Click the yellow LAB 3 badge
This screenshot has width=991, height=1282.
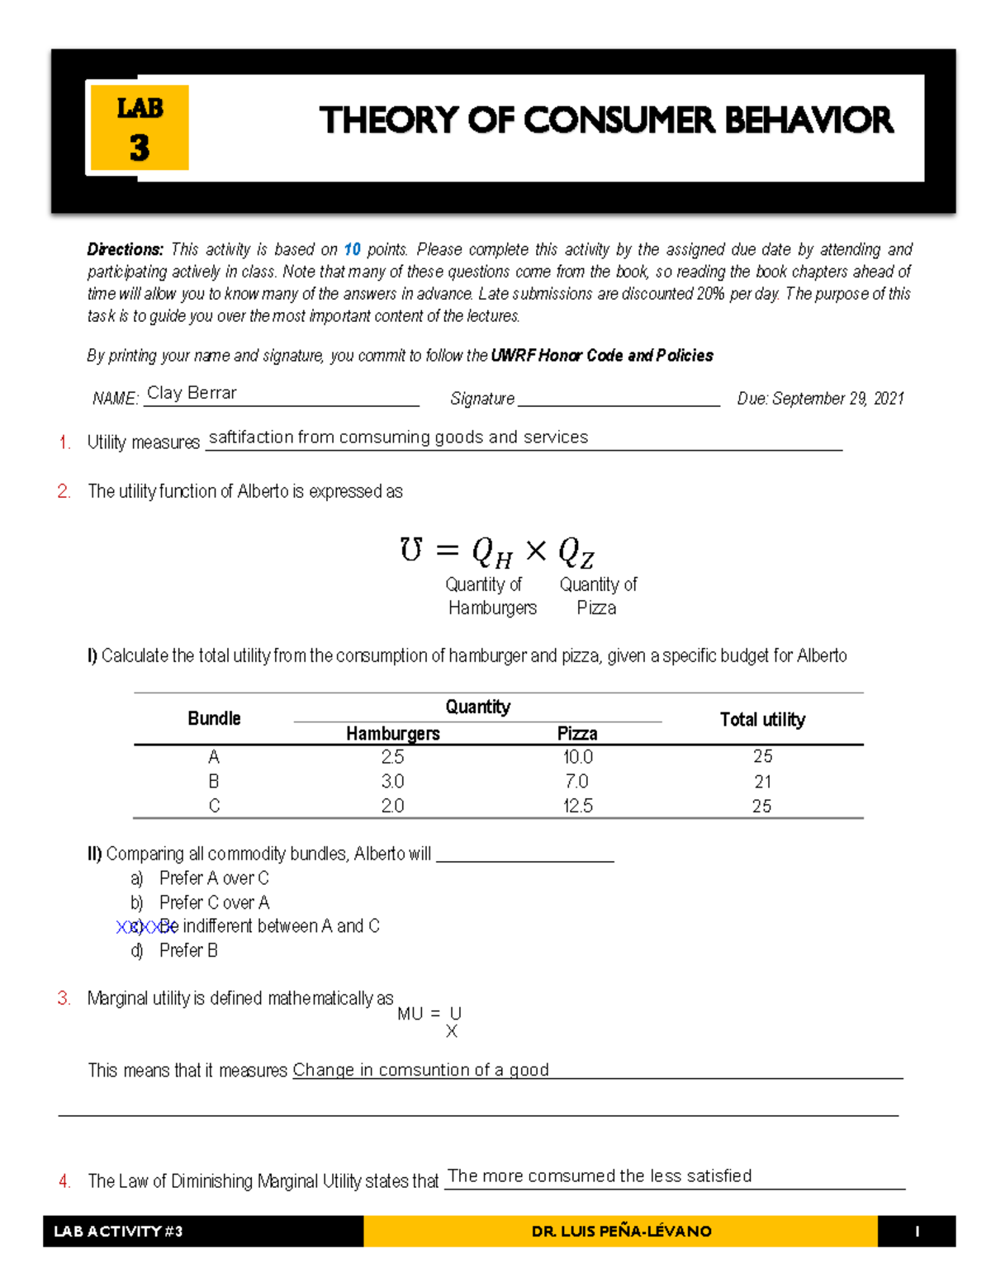coord(140,128)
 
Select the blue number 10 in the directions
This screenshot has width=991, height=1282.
coord(353,249)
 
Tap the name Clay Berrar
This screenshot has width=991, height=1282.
coord(192,393)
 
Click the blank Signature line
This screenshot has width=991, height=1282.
coord(619,399)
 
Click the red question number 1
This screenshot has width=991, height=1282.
coord(64,442)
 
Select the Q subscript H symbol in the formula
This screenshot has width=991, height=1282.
coord(492,552)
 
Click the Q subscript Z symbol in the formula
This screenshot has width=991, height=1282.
coord(576,552)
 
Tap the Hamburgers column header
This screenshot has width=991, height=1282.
coord(393,733)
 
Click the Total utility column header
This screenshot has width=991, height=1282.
coord(762,720)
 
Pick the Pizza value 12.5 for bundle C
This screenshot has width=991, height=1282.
coord(577,806)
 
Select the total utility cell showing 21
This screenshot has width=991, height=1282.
coord(762,782)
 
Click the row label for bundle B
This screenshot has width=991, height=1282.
coord(214,782)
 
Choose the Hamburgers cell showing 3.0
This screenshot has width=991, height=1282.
coord(392,782)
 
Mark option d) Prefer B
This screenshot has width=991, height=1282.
coord(188,950)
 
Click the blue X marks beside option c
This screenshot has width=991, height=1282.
coord(140,927)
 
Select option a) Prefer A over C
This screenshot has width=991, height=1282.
coord(213,878)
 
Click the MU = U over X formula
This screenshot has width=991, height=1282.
coord(431,1021)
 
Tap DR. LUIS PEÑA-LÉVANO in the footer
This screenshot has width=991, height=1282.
coord(621,1232)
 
